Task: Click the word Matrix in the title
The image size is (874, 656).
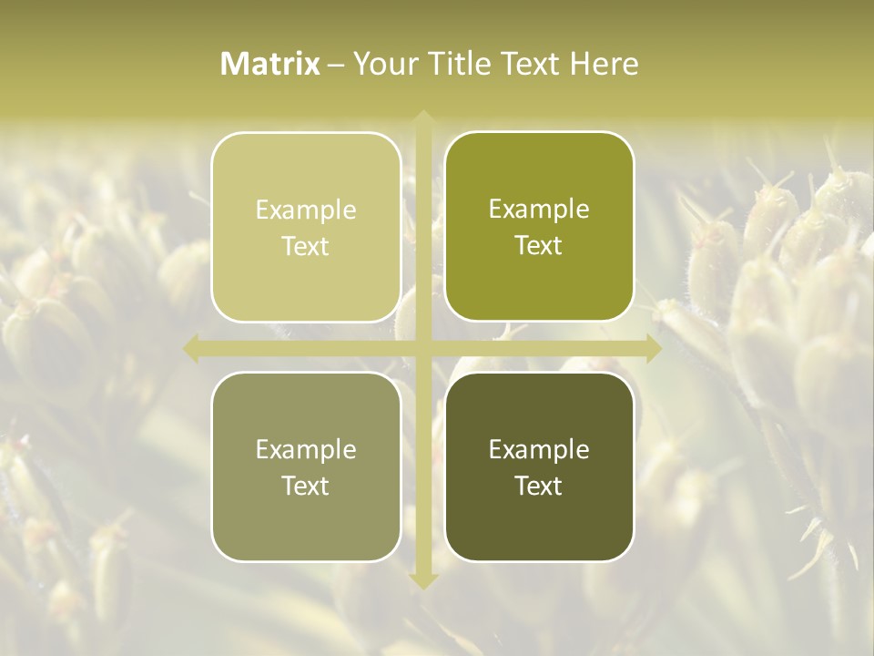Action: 270,64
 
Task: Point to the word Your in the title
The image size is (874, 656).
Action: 385,64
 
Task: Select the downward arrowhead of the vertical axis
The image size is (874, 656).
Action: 422,580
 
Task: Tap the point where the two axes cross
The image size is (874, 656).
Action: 422,348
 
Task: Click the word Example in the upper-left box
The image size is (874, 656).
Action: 306,210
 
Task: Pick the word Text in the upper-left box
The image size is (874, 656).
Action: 306,247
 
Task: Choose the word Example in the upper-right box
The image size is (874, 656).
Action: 539,210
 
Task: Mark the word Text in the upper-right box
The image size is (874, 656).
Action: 539,246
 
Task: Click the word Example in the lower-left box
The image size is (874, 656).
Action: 306,450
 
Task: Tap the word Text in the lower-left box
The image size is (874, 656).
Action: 306,487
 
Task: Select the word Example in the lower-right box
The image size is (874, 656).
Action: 539,450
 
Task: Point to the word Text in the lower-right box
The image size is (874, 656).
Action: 539,487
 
